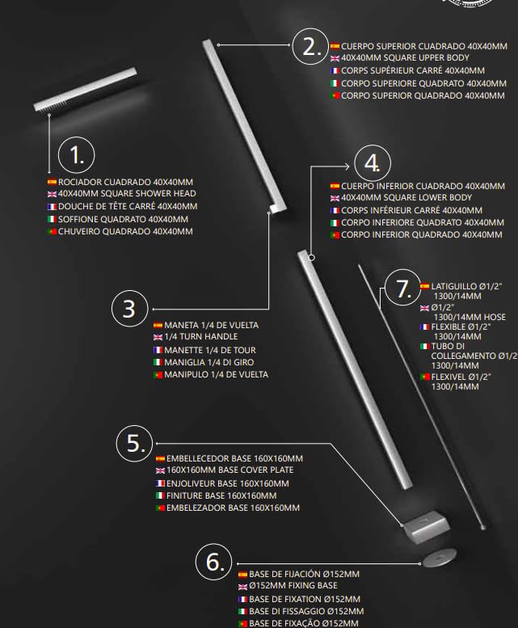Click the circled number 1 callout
pyautogui.click(x=77, y=155)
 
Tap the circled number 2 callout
pyautogui.click(x=310, y=46)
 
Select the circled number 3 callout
pyautogui.click(x=129, y=309)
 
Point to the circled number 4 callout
pyautogui.click(x=373, y=163)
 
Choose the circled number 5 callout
pyautogui.click(x=135, y=444)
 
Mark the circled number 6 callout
pyautogui.click(x=214, y=562)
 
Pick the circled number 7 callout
pyautogui.click(x=402, y=289)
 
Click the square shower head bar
pyautogui.click(x=86, y=90)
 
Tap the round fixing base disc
pyautogui.click(x=440, y=556)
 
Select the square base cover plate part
pyautogui.click(x=426, y=526)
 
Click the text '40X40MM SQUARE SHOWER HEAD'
pyautogui.click(x=127, y=193)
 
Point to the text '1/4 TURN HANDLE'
pyautogui.click(x=201, y=336)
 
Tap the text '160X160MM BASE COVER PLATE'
pyautogui.click(x=230, y=470)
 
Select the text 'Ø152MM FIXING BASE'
pyautogui.click(x=293, y=585)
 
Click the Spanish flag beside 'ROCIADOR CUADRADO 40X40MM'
pyautogui.click(x=52, y=182)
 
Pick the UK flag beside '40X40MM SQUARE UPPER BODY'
pyautogui.click(x=335, y=58)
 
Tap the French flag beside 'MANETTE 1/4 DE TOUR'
pyautogui.click(x=158, y=351)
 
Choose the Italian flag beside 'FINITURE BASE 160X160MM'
pyautogui.click(x=160, y=495)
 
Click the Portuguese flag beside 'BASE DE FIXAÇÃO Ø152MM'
pyautogui.click(x=242, y=624)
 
